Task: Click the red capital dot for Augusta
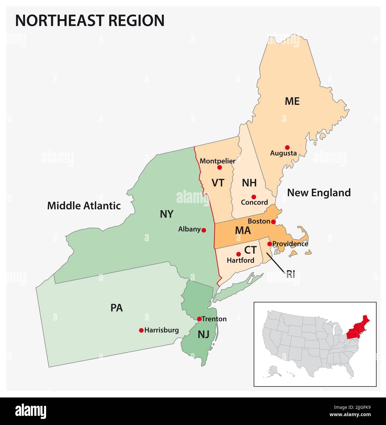287,147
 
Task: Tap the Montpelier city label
217,161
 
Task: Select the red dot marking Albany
204,230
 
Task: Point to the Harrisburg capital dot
141,330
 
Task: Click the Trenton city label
214,319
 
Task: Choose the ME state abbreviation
292,101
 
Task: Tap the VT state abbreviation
218,183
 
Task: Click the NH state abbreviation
249,183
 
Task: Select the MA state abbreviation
243,231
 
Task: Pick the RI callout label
290,274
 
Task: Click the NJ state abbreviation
203,335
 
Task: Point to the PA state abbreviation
117,308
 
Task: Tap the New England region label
319,193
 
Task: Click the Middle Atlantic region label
84,206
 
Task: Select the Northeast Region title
90,20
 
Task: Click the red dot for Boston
273,221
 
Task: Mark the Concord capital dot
253,197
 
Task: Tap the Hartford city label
241,261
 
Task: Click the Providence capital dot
269,244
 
